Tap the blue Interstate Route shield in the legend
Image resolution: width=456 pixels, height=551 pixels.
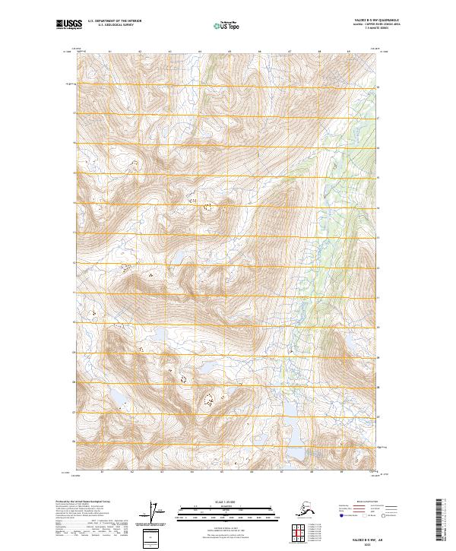pyautogui.click(x=343, y=515)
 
